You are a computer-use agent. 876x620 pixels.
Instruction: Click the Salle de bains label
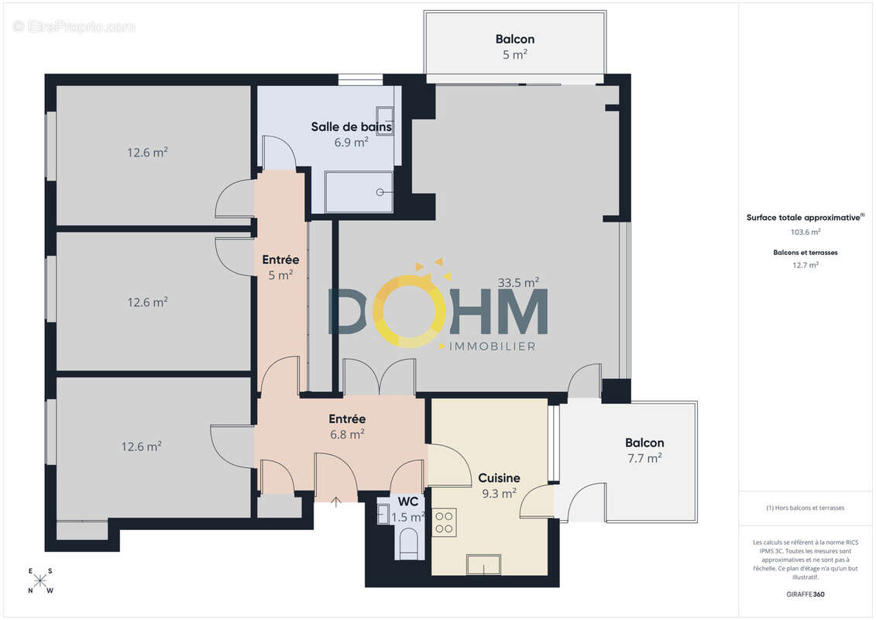(x=351, y=127)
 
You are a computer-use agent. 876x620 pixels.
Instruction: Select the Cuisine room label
(x=499, y=478)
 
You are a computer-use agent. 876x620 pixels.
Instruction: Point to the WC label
(x=407, y=502)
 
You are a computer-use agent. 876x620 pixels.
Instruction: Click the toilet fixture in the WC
(x=409, y=542)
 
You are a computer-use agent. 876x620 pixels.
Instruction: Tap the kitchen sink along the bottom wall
(x=483, y=566)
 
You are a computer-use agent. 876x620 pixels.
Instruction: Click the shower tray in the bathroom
(x=359, y=191)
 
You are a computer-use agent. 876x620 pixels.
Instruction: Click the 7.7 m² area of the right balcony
(x=644, y=458)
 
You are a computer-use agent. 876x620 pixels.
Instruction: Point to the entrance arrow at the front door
(x=336, y=502)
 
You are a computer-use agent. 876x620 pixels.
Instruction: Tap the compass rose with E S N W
(x=40, y=581)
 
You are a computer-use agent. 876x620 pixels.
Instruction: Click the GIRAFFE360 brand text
(x=806, y=594)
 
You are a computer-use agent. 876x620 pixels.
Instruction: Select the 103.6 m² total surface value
(x=806, y=232)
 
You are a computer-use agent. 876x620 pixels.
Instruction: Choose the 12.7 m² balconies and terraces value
(x=806, y=264)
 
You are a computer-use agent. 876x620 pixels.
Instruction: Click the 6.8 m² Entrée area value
(x=348, y=435)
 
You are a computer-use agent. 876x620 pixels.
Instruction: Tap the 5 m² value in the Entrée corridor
(x=280, y=275)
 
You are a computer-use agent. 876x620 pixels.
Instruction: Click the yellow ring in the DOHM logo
(x=408, y=311)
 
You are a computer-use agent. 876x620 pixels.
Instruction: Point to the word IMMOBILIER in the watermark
(x=493, y=346)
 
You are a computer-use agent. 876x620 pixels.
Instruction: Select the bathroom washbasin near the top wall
(x=385, y=112)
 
